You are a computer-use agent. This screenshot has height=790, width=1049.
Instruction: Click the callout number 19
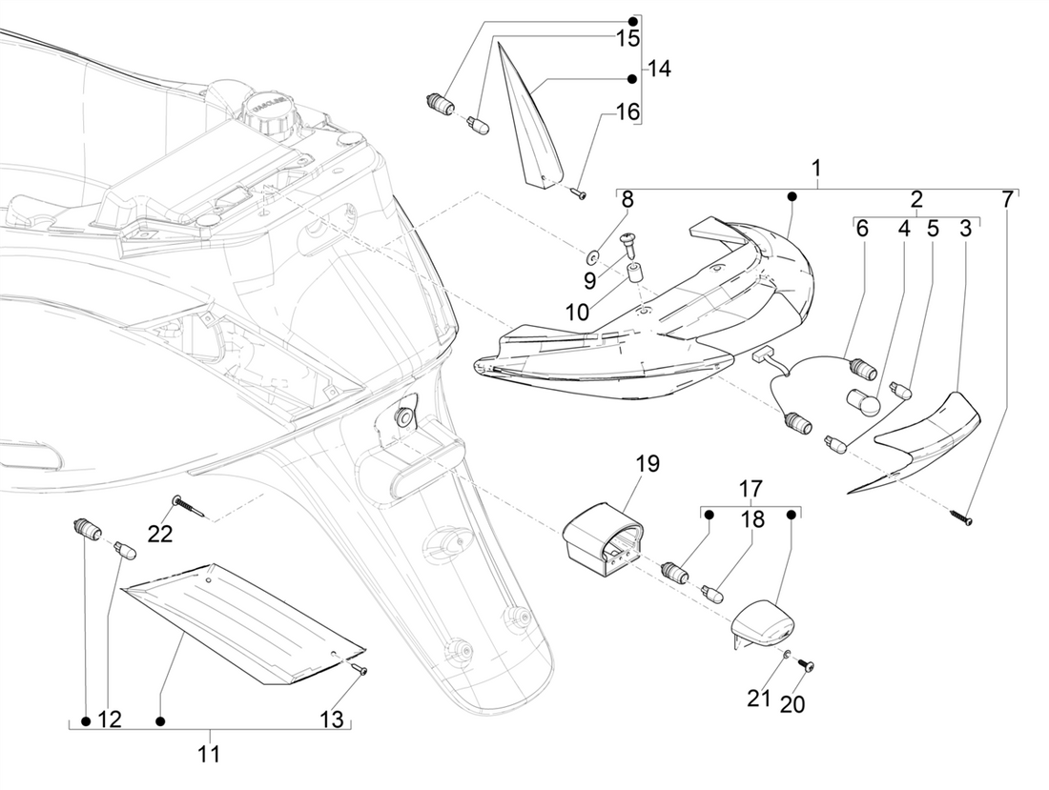point(647,465)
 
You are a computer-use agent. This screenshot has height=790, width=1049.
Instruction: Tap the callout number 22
point(160,534)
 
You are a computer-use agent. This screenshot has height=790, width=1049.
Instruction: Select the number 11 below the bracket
point(209,755)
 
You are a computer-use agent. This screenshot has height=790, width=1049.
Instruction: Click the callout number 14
point(660,69)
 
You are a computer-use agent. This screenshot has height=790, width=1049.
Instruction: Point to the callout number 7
point(1009,200)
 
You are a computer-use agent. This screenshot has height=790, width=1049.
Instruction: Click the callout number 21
point(758,699)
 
